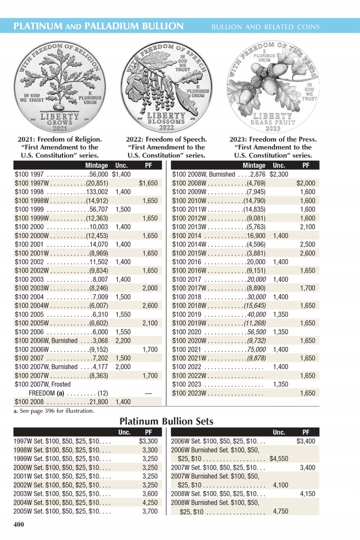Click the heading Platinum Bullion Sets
[166, 421]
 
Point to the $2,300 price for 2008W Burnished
[278, 174]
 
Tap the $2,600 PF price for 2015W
[307, 253]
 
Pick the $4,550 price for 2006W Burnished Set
[279, 458]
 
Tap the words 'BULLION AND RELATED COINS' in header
[265, 26]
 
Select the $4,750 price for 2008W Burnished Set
[279, 511]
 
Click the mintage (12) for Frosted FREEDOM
[103, 393]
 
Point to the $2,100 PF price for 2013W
[307, 227]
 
